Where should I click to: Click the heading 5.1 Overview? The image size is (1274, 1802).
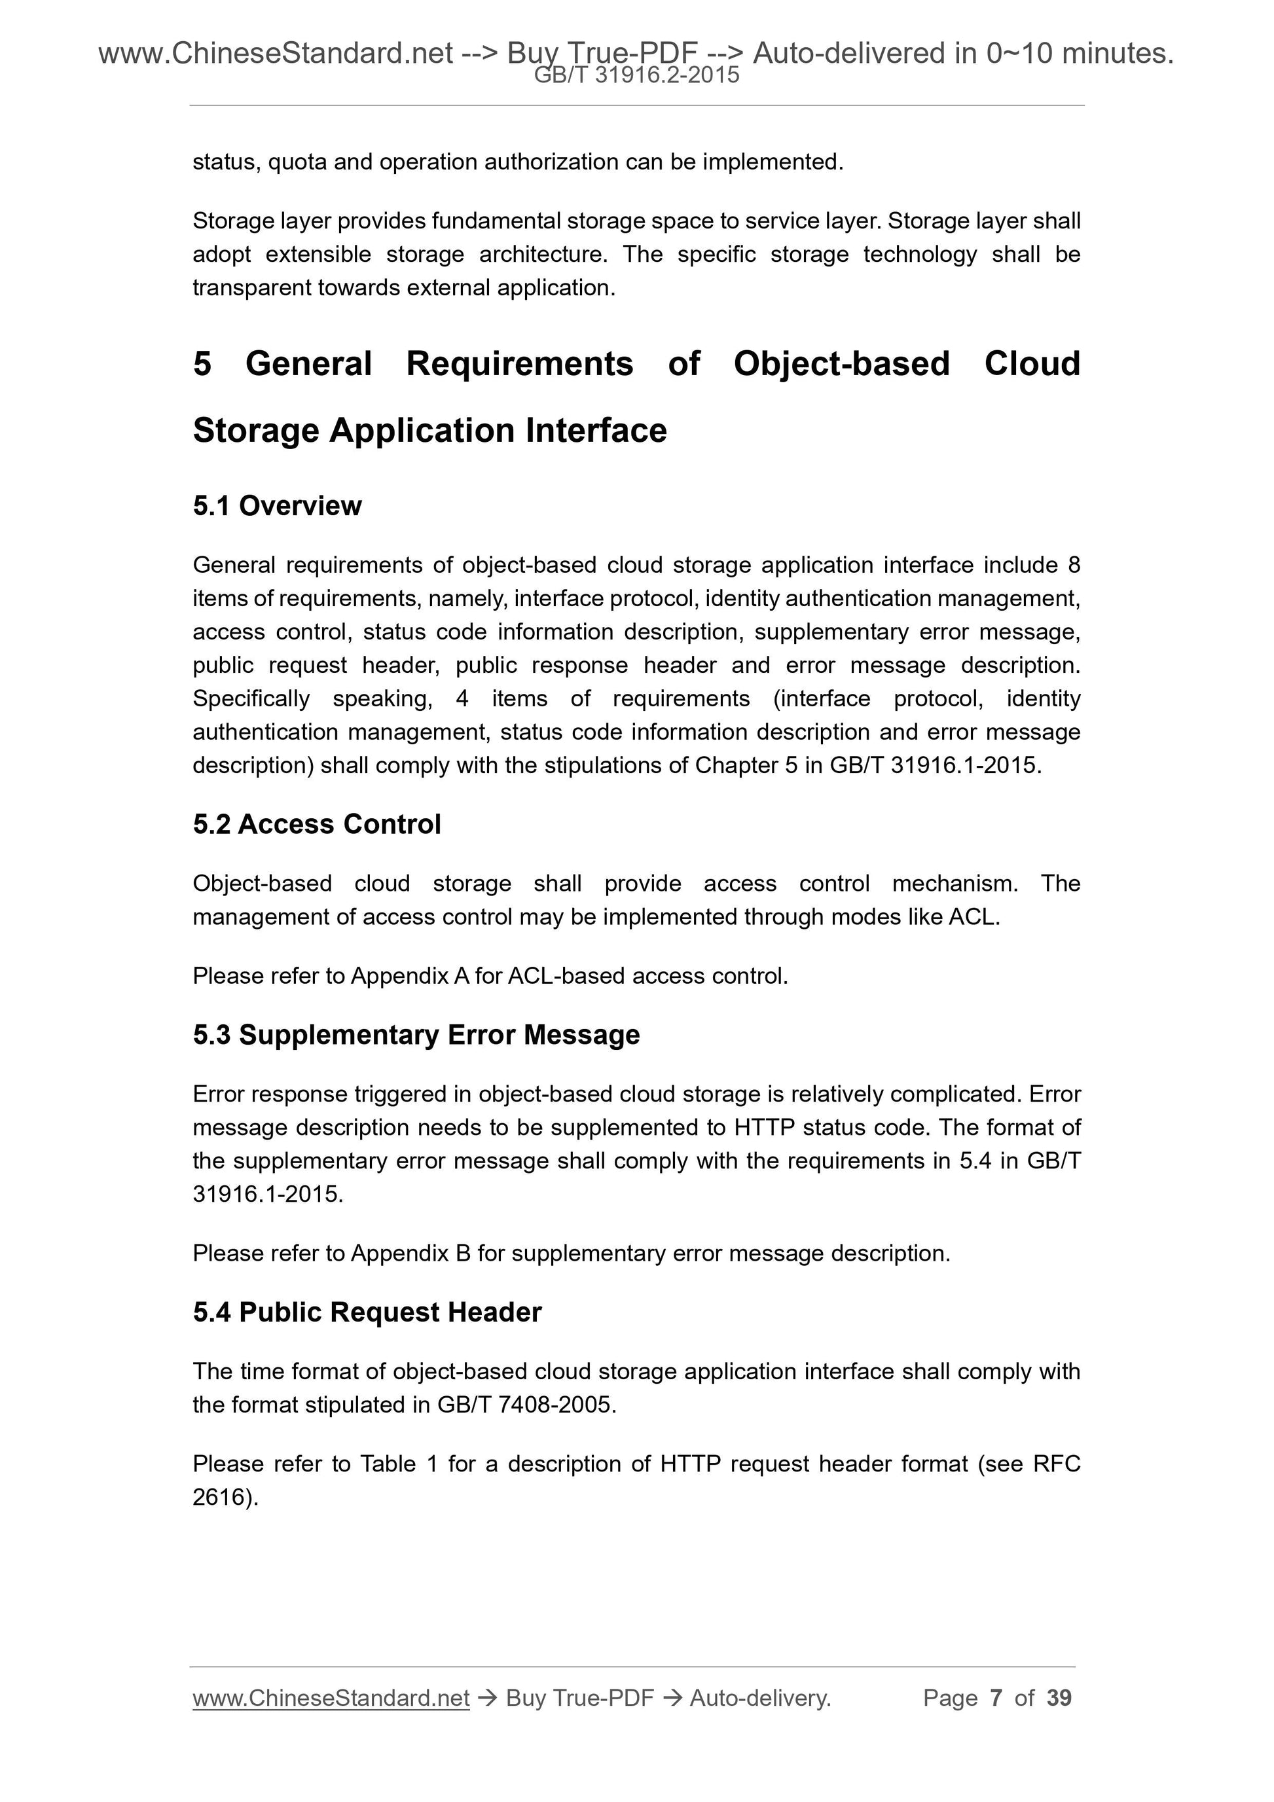pyautogui.click(x=277, y=506)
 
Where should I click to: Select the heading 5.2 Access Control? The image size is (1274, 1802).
pyautogui.click(x=316, y=824)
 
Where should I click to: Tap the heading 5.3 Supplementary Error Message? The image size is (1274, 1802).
pyautogui.click(x=416, y=1036)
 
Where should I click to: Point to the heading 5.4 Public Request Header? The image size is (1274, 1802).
pyautogui.click(x=367, y=1312)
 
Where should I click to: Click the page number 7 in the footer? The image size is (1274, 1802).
pyautogui.click(x=996, y=1698)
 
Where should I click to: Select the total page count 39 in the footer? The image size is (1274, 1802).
pyautogui.click(x=1059, y=1698)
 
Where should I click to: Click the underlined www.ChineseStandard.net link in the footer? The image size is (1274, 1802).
pyautogui.click(x=331, y=1698)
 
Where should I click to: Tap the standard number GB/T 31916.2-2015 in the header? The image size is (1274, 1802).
pyautogui.click(x=636, y=75)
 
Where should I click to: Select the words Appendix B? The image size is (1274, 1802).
pyautogui.click(x=410, y=1253)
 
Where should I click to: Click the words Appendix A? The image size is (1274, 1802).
pyautogui.click(x=409, y=977)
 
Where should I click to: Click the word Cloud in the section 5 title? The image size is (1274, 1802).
pyautogui.click(x=1032, y=364)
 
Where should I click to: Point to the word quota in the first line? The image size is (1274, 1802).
pyautogui.click(x=297, y=162)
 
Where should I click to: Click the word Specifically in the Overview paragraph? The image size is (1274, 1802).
pyautogui.click(x=250, y=698)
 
